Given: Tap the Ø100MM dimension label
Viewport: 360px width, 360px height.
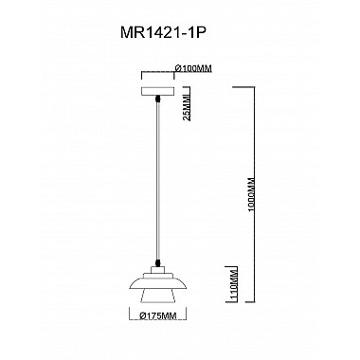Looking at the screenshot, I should click(x=194, y=68).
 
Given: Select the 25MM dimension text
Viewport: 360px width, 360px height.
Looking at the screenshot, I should click(x=189, y=106).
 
